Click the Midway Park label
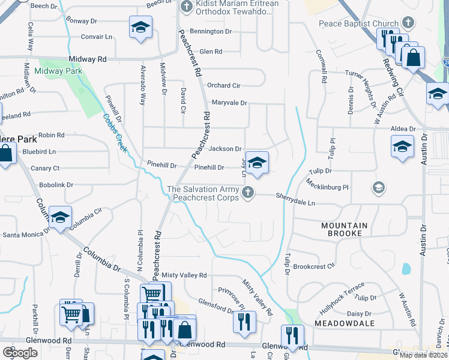[x=58, y=71]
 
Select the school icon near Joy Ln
[x=257, y=163]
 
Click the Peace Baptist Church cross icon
[x=408, y=23]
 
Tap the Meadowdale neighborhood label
[x=345, y=323]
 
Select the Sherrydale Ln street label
[x=295, y=199]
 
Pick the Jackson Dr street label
[x=225, y=149]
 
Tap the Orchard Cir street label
[x=224, y=86]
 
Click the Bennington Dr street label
[x=211, y=31]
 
